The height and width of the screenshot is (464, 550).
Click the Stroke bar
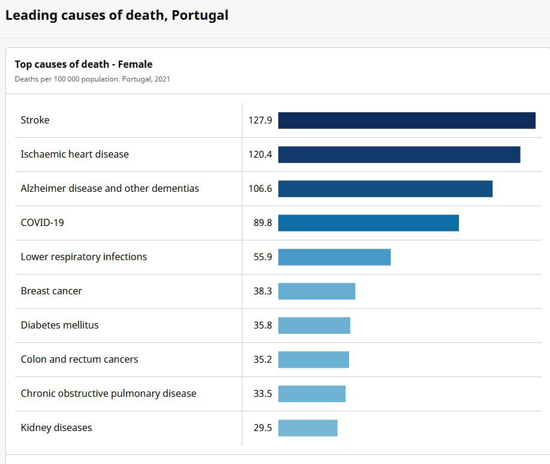point(407,120)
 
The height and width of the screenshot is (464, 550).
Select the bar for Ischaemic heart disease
point(399,155)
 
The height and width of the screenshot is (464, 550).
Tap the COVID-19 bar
point(368,223)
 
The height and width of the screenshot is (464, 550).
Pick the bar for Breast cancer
point(317,291)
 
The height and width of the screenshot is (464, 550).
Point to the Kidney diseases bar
point(308,428)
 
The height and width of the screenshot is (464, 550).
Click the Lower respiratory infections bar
point(334,257)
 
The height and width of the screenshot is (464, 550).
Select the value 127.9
point(260,120)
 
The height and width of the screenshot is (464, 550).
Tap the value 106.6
point(260,189)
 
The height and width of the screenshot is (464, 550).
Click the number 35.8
point(263,326)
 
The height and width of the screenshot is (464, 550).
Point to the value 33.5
point(263,394)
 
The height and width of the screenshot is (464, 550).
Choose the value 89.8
point(263,223)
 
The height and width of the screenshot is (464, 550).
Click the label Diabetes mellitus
point(59,326)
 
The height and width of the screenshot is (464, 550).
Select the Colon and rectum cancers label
point(79,360)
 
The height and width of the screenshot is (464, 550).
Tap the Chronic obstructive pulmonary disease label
point(109,394)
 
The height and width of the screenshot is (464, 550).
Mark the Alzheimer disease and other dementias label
point(110,189)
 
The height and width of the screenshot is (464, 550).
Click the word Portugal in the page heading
point(200,16)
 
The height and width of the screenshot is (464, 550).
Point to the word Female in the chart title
point(135,65)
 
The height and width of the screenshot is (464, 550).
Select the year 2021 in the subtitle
point(162,79)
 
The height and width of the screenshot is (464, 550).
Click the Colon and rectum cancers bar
point(314,360)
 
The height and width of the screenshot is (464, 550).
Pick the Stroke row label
point(35,120)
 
